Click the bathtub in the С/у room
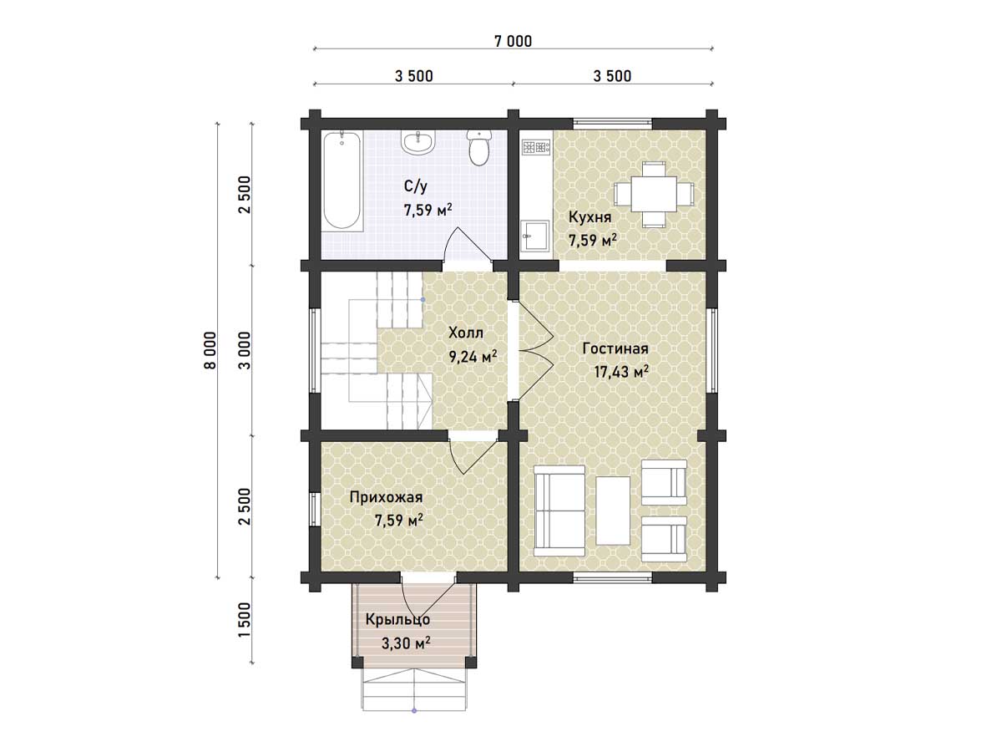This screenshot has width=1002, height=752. point(342,180)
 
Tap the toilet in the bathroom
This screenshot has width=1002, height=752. point(478,147)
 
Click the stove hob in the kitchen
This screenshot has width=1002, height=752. point(536,147)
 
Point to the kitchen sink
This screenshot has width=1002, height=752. point(535,236)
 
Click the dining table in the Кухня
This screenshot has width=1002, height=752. point(654,194)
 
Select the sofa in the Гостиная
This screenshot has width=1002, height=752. point(559,511)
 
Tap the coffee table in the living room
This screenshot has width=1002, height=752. point(613,511)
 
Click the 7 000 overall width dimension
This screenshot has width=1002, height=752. point(513,42)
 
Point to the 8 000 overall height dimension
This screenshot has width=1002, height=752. point(210,350)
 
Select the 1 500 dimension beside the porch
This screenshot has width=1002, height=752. point(245,621)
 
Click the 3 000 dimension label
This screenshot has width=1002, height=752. point(245,350)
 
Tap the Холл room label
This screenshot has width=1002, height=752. point(466,333)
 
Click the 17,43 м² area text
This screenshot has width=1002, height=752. point(621,372)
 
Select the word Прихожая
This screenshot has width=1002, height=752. point(387,497)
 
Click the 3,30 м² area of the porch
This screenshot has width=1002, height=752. point(405,643)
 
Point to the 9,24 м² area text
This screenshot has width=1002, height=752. point(473,357)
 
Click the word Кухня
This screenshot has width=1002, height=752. point(590,217)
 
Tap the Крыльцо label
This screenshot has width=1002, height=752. point(397,620)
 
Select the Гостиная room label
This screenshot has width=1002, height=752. point(615,348)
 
